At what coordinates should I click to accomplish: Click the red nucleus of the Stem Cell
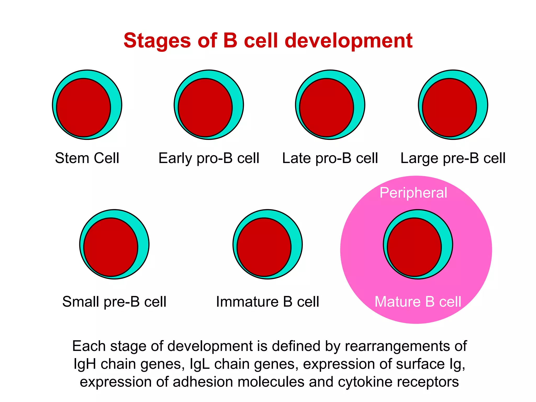(x=83, y=108)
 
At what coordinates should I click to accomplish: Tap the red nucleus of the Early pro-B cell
(x=205, y=108)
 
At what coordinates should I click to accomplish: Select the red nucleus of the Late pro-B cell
(x=327, y=108)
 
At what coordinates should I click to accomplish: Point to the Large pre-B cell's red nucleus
(x=449, y=108)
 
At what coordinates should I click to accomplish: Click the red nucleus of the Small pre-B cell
(x=111, y=247)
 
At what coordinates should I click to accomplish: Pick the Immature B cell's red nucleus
(x=264, y=247)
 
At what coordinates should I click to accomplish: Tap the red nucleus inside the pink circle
(x=414, y=247)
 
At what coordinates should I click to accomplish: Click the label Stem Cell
(x=87, y=158)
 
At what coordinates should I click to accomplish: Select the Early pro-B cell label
(x=209, y=158)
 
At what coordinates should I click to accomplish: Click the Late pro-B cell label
(x=330, y=158)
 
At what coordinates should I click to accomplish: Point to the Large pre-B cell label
(x=453, y=158)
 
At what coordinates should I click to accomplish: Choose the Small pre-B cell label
(x=114, y=301)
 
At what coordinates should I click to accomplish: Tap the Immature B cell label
(x=267, y=301)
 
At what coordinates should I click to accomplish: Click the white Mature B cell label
(x=418, y=301)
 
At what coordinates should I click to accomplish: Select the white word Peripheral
(x=413, y=193)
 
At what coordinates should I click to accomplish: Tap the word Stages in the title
(x=157, y=41)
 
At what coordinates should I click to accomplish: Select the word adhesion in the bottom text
(x=203, y=382)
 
